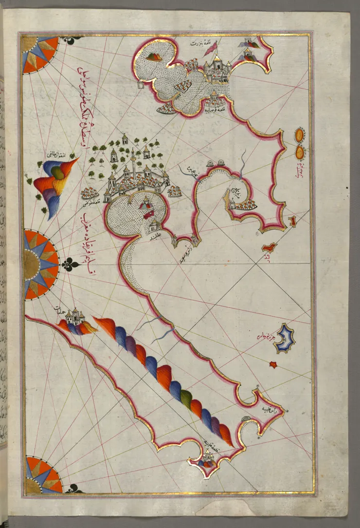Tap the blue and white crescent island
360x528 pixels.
[284, 339]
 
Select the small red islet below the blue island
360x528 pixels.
[273, 364]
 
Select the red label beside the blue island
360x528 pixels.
[265, 335]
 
